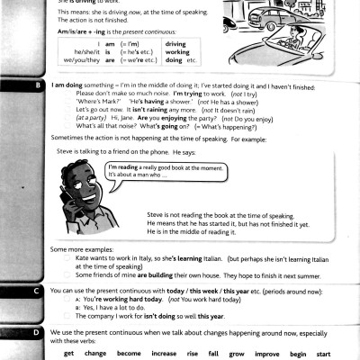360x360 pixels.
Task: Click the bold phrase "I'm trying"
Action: pos(185,94)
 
